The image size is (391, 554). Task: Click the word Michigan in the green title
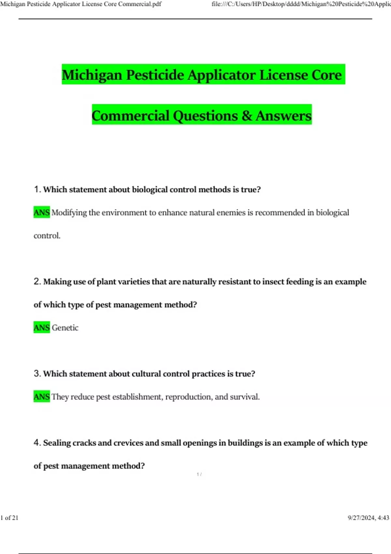click(92, 75)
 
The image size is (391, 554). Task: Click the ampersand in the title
click(247, 116)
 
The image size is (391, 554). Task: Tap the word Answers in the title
click(283, 116)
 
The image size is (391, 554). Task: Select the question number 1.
click(37, 189)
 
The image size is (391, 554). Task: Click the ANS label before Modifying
click(42, 212)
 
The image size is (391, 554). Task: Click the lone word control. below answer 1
click(47, 236)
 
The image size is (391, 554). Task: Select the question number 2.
click(37, 282)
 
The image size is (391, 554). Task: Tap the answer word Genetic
click(65, 328)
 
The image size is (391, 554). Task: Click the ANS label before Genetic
click(42, 328)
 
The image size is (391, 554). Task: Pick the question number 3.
click(37, 373)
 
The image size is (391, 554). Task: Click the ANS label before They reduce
click(42, 397)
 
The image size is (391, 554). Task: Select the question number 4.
click(37, 443)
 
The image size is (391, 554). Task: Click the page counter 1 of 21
click(9, 518)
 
